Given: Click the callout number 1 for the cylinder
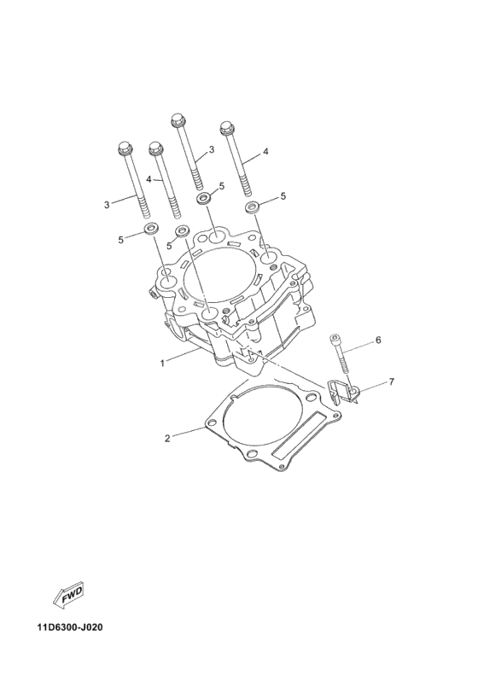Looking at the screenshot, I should pos(162,363).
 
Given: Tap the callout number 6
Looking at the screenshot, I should pos(377,340).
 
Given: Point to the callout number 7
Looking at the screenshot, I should pos(391,381).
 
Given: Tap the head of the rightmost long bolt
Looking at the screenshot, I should pos(229,129).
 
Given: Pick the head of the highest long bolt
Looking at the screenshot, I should pos(179,118).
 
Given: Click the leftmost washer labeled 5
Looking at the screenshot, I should pos(152,229).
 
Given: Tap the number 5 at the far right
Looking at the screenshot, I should pos(283,196).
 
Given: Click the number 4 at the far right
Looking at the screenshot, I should pos(265,151).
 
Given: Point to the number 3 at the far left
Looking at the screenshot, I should pos(107,205).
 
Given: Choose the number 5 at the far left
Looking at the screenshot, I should pos(121,240).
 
